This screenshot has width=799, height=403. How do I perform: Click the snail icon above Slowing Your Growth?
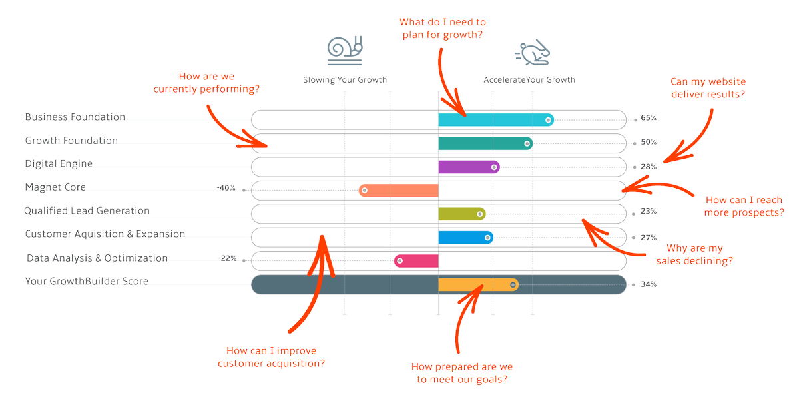click(x=345, y=51)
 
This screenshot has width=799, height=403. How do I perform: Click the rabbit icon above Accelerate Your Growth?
click(x=533, y=53)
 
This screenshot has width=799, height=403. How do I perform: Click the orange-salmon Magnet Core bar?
click(x=399, y=191)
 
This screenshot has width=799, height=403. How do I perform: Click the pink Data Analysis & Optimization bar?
click(x=416, y=261)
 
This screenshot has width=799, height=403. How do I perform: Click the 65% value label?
click(x=649, y=118)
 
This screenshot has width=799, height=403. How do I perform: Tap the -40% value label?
click(x=226, y=188)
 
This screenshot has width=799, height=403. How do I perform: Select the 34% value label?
click(x=649, y=284)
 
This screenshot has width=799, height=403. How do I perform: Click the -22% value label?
click(x=227, y=258)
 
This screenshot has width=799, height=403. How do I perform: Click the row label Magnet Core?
click(x=55, y=187)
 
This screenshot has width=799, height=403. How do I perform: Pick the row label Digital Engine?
click(x=59, y=164)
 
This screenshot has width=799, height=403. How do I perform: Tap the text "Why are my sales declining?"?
click(x=694, y=255)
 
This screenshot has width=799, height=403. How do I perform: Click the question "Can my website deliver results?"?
click(x=708, y=88)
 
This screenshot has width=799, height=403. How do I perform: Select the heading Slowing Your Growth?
click(x=345, y=80)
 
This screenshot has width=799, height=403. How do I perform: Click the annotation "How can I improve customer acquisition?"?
click(x=271, y=357)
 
